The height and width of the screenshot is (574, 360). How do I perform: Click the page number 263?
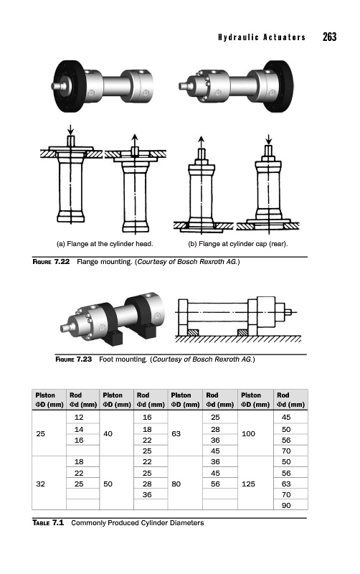point(329,37)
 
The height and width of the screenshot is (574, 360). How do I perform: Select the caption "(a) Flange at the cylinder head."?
point(105,244)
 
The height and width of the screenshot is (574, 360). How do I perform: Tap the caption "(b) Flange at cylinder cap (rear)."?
point(238,244)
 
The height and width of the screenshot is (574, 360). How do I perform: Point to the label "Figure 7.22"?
point(51,262)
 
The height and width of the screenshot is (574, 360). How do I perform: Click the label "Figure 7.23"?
point(74,359)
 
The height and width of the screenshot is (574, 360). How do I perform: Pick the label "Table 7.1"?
point(48,523)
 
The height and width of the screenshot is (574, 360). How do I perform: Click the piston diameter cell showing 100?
point(248,434)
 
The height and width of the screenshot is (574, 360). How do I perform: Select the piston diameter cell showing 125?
point(248,484)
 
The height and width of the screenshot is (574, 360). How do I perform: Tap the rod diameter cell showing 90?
point(286,505)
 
